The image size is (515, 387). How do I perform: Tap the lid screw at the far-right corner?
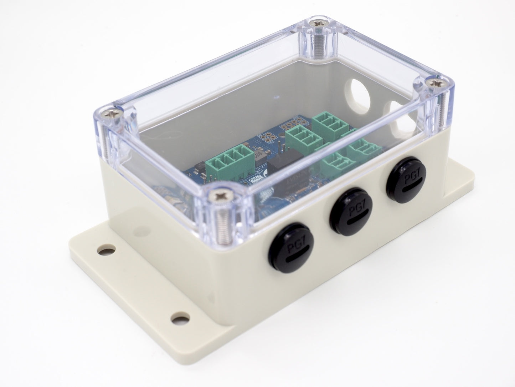point(435,83)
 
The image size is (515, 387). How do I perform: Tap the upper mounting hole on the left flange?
point(104,251)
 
